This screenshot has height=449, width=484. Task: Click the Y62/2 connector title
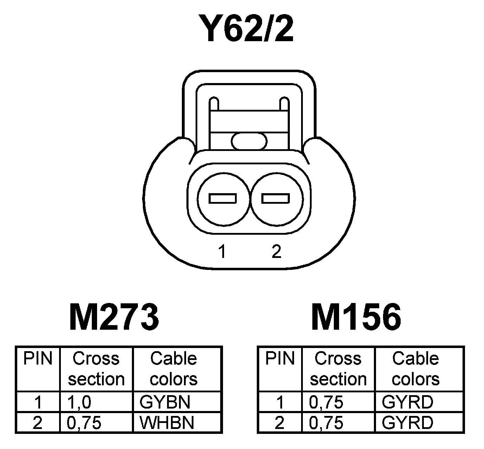pyautogui.click(x=245, y=29)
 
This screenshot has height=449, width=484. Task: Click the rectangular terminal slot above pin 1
pyautogui.click(x=223, y=199)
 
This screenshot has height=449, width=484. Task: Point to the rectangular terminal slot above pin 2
pyautogui.click(x=275, y=199)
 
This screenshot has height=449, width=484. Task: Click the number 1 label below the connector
pyautogui.click(x=222, y=252)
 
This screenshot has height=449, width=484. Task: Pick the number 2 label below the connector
pyautogui.click(x=276, y=252)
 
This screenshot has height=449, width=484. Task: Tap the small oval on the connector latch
pyautogui.click(x=249, y=141)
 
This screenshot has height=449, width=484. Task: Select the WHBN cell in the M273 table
pyautogui.click(x=167, y=423)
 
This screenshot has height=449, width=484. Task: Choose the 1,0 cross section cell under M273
pyautogui.click(x=79, y=402)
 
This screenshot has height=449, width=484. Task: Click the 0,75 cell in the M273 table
pyautogui.click(x=84, y=423)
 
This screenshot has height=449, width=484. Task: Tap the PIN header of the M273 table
pyautogui.click(x=38, y=359)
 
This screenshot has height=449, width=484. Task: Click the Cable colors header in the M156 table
pyautogui.click(x=415, y=369)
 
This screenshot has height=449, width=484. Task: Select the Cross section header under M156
pyautogui.click(x=338, y=369)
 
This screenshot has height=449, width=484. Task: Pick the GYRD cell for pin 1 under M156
pyautogui.click(x=407, y=402)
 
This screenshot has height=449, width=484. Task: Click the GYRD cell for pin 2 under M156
pyautogui.click(x=407, y=423)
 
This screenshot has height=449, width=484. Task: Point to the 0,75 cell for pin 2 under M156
pyautogui.click(x=326, y=423)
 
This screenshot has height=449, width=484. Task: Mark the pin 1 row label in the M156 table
pyautogui.click(x=280, y=402)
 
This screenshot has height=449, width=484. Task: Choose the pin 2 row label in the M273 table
pyautogui.click(x=38, y=423)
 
